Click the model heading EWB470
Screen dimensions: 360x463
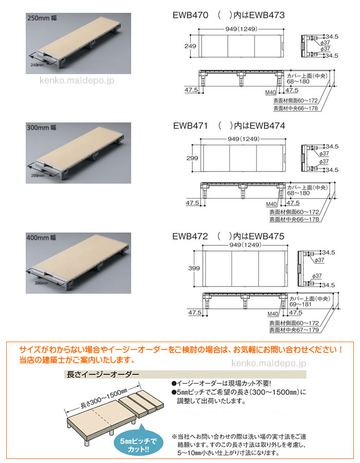(190, 15)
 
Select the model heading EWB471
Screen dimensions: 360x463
(191, 126)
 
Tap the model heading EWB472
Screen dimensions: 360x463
(190, 236)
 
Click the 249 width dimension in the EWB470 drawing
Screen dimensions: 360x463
(190, 46)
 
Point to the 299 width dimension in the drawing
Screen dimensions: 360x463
(192, 158)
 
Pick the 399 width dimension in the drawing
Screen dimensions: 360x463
(194, 268)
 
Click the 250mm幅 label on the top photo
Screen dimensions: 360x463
(42, 18)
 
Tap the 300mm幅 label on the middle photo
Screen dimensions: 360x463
(42, 128)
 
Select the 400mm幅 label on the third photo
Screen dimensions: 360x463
(41, 237)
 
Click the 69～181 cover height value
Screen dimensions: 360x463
(300, 304)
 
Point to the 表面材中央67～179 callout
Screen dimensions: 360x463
(294, 330)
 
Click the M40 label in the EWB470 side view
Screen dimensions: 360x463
(271, 93)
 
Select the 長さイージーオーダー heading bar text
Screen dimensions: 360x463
(103, 375)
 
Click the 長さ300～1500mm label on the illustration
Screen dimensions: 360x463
(104, 399)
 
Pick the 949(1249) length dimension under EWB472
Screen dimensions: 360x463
(245, 245)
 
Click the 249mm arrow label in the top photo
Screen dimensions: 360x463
(37, 65)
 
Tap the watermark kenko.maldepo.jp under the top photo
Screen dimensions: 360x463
(77, 80)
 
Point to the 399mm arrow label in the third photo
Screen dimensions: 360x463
(41, 283)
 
